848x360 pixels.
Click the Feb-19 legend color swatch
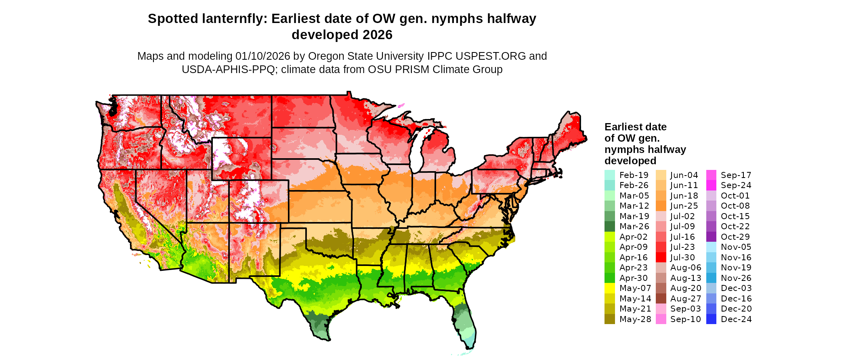(x=609, y=175)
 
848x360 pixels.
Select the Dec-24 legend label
(x=736, y=319)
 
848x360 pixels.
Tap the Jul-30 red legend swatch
(x=661, y=257)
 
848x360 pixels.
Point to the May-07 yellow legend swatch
(x=609, y=288)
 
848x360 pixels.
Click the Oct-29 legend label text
(x=735, y=237)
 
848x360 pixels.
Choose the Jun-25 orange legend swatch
(x=661, y=206)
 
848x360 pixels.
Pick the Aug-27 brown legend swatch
(x=661, y=299)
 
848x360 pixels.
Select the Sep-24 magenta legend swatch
(x=711, y=185)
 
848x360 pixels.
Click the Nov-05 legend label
(x=736, y=247)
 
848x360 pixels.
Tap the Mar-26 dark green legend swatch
(x=609, y=226)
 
